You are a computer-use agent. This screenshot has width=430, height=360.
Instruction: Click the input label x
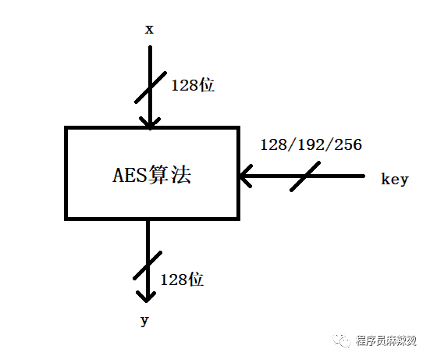pos(149,30)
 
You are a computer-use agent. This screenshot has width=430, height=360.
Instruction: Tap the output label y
pos(144,321)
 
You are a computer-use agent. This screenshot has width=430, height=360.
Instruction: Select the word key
pos(395,180)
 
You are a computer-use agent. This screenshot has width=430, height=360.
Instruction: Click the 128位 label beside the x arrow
pos(193,85)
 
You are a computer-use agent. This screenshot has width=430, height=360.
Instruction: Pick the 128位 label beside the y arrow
pos(182,280)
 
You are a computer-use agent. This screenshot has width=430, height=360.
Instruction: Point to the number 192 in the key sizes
pos(311,144)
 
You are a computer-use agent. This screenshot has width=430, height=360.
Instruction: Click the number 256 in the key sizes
pos(349,144)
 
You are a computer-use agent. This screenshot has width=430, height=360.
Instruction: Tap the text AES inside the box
pos(130,175)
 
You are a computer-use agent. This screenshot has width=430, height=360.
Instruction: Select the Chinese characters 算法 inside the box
pos(169,174)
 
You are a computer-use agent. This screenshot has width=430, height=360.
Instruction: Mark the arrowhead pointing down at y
pos(146,297)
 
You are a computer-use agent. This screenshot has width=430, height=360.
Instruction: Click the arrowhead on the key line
pos(246,176)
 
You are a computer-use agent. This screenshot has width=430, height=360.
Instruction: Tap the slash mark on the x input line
pos(151,87)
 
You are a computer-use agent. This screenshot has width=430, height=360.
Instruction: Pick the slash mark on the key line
pos(305,176)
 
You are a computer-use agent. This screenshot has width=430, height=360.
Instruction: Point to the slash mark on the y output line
pos(147,266)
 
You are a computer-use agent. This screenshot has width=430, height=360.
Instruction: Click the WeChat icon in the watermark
pos(342,340)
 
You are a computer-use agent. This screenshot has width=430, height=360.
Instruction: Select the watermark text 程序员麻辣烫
pos(386,340)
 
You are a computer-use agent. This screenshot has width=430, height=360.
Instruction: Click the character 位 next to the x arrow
pos(207,85)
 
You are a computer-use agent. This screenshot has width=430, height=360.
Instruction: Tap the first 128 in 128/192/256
pos(273,144)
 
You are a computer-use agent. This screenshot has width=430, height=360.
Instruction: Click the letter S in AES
pos(142,175)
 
